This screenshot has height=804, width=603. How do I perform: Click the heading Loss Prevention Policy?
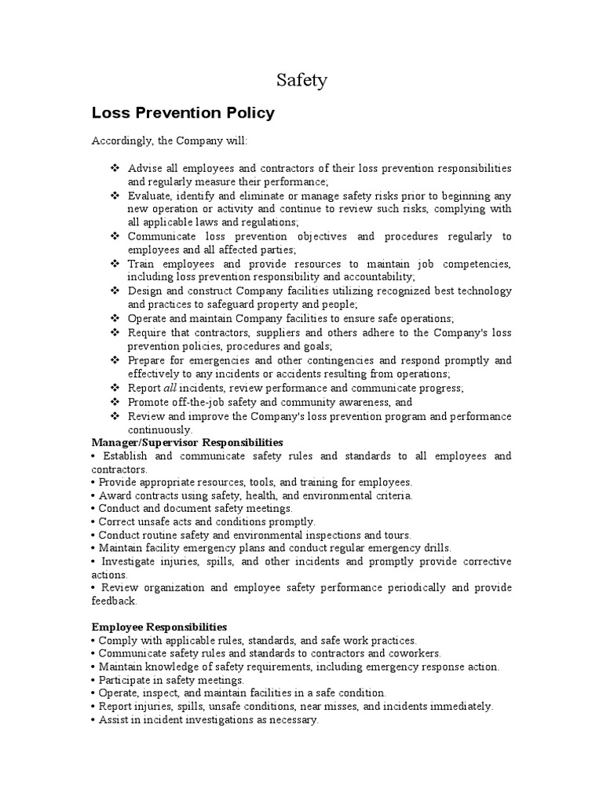(x=183, y=113)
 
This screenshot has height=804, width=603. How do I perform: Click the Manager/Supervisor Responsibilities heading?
(x=188, y=444)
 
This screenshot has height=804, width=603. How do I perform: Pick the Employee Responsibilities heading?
(x=159, y=627)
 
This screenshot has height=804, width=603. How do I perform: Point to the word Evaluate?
(x=149, y=196)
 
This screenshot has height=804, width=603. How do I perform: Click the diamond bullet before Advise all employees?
(x=114, y=169)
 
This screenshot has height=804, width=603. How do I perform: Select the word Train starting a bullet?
(x=141, y=264)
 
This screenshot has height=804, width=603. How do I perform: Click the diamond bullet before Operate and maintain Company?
(x=114, y=319)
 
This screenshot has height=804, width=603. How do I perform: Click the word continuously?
(x=159, y=430)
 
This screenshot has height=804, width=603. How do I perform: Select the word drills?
(x=434, y=548)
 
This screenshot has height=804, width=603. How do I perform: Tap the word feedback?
(x=115, y=601)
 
